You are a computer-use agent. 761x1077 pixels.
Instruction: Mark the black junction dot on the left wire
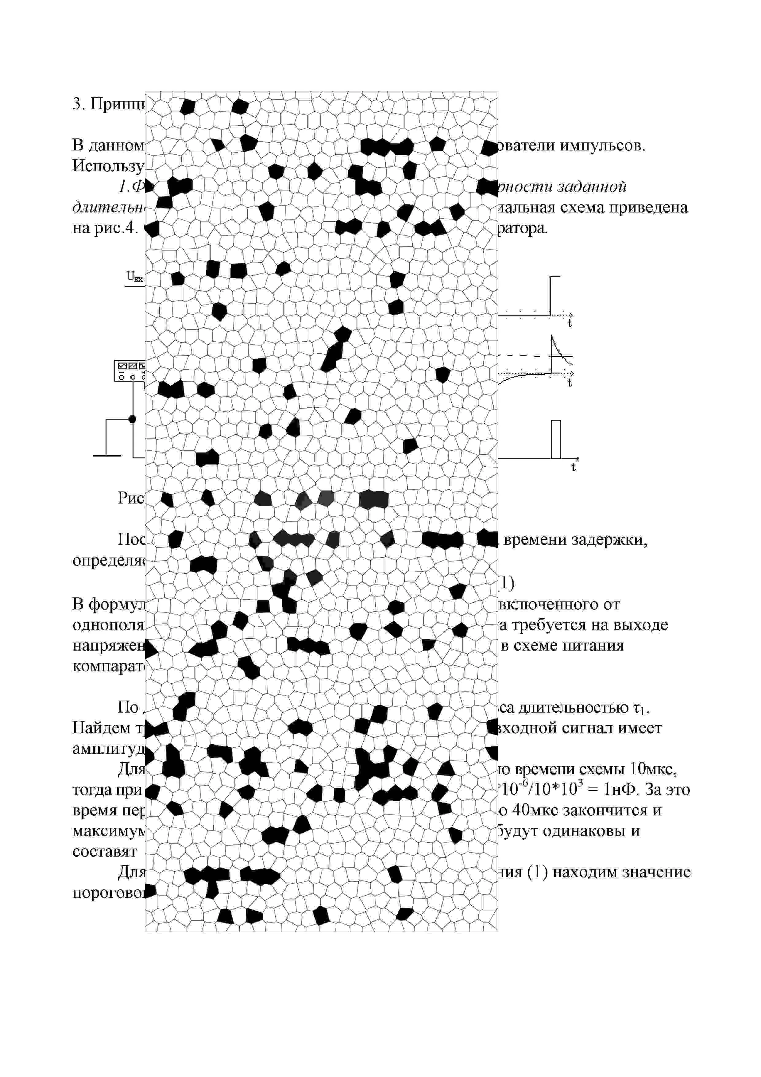[133, 418]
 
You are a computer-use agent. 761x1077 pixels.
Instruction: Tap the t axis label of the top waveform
[570, 324]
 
